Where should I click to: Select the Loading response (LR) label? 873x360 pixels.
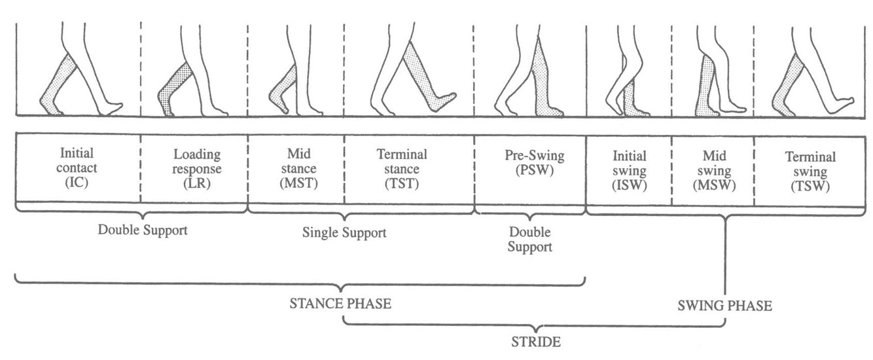[196, 168]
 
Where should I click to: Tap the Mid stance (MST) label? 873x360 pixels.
[295, 168]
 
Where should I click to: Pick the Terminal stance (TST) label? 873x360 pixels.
[401, 168]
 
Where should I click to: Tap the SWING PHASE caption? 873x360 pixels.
[724, 306]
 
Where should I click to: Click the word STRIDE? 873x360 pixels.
[535, 341]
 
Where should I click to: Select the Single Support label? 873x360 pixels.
[344, 232]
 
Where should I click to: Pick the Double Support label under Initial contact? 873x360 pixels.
[143, 230]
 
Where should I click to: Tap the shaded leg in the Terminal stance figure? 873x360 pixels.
[425, 75]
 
